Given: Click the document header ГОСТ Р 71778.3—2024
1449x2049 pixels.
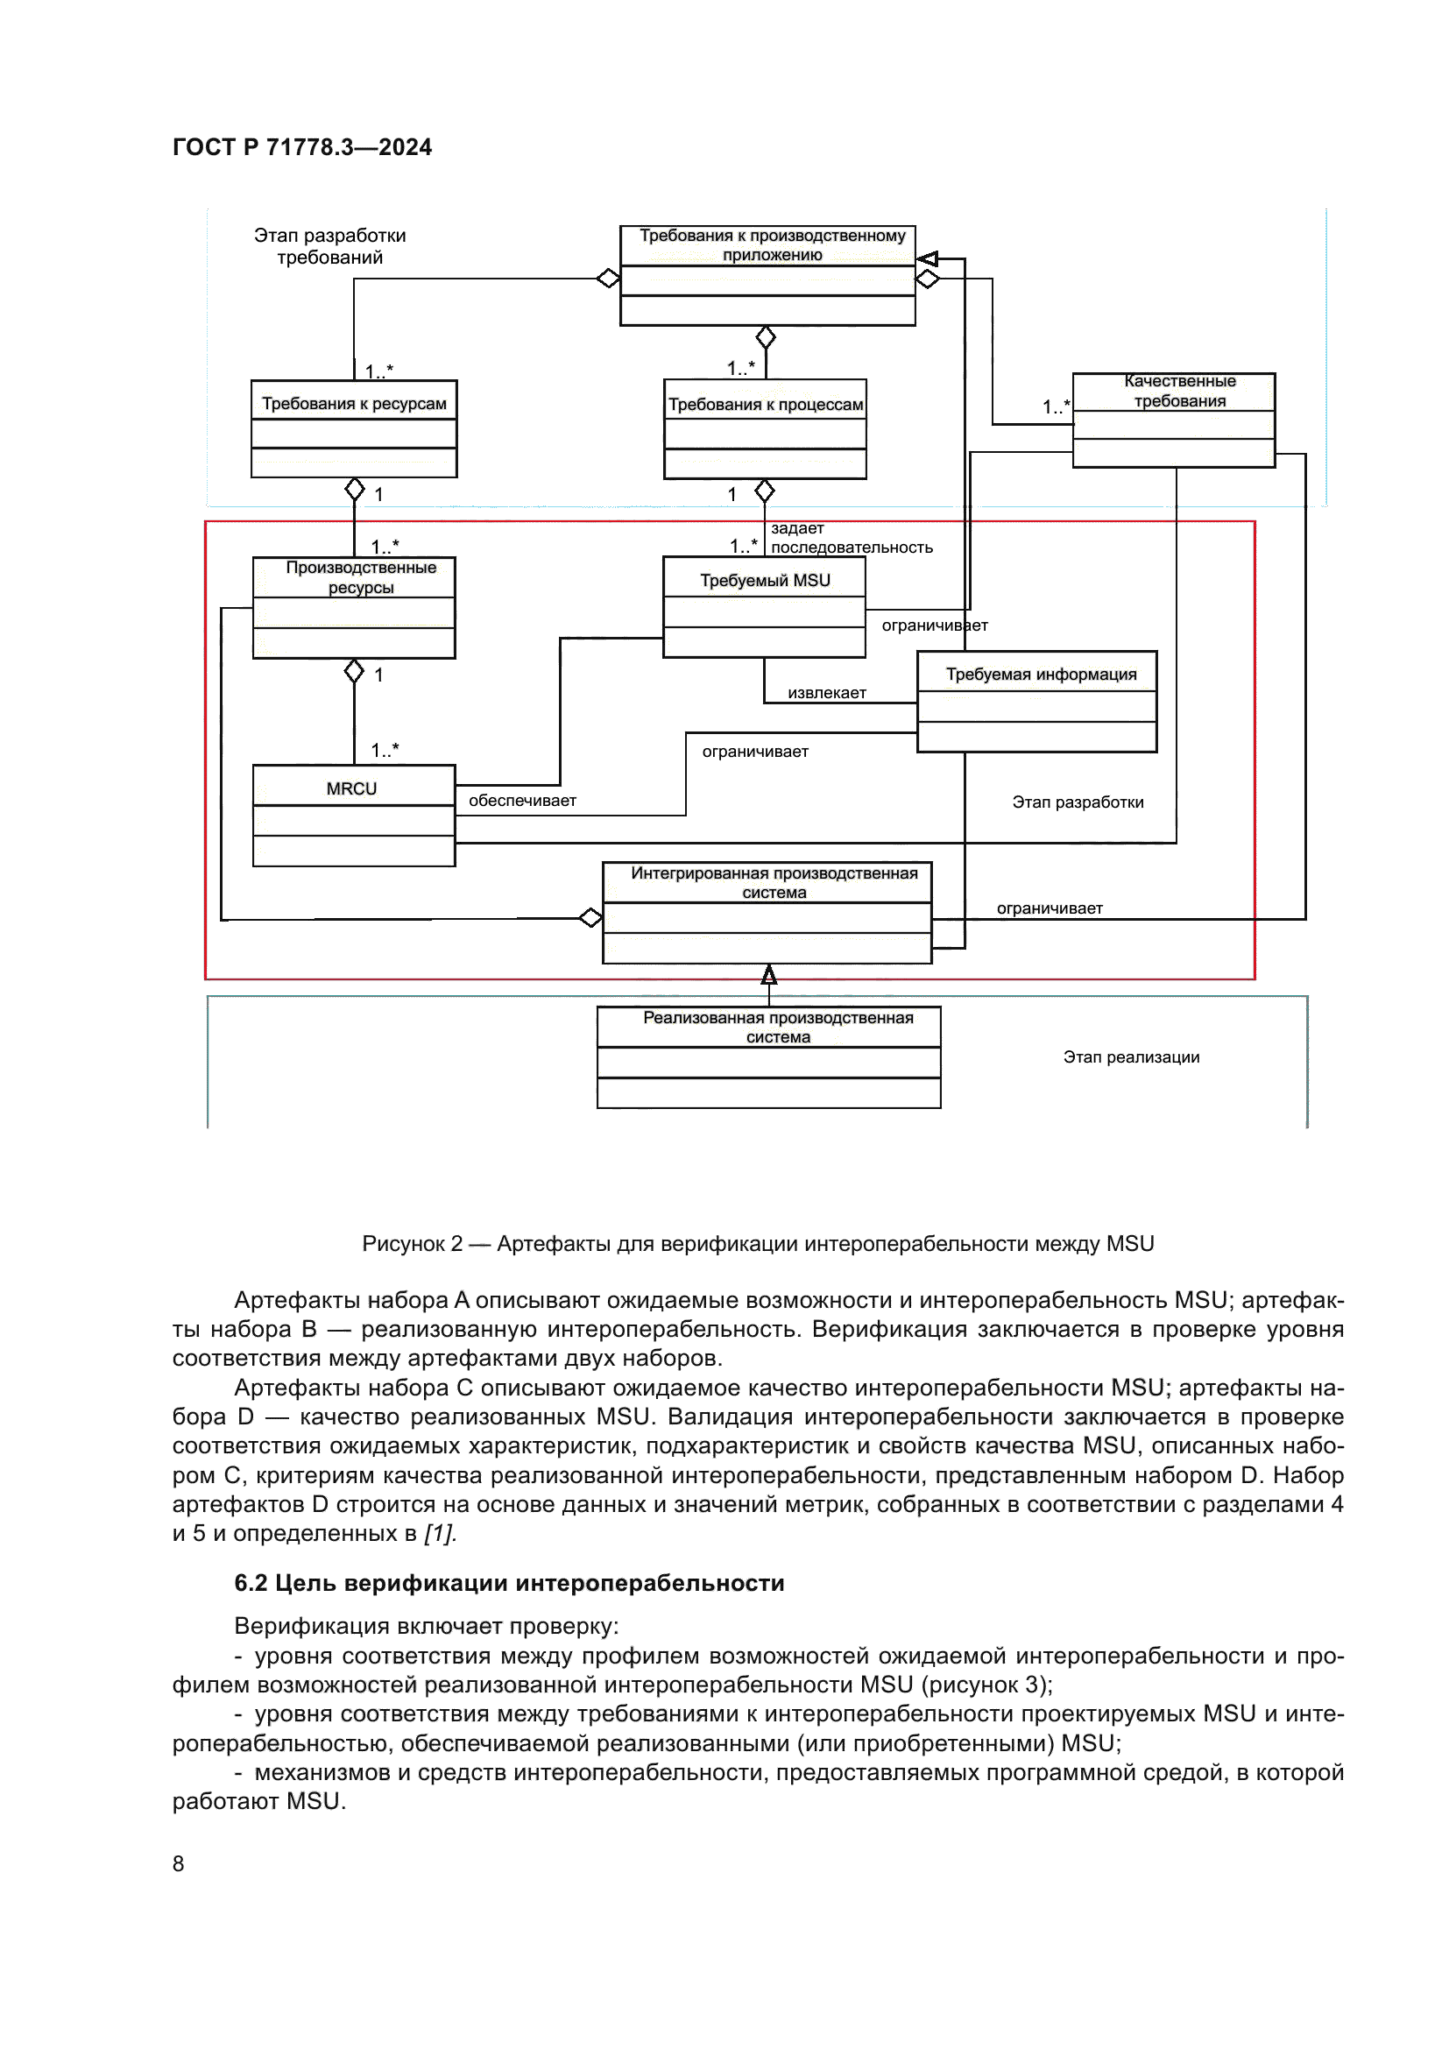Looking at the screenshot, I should [x=301, y=147].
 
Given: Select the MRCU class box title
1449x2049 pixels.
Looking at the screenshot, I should [x=351, y=788].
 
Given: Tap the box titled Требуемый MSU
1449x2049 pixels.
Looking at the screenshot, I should [x=765, y=580].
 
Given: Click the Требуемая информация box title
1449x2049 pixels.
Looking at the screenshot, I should [x=1041, y=674].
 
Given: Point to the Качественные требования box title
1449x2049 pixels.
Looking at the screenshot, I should [x=1178, y=391].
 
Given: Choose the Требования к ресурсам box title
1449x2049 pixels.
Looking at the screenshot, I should [x=353, y=403].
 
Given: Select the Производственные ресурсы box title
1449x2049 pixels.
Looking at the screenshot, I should [x=360, y=576].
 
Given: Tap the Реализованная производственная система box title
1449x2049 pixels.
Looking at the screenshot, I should [x=777, y=1028].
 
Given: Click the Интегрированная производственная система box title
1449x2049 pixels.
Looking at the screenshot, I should [x=774, y=883].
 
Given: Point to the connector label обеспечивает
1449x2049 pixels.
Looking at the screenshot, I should [x=522, y=801].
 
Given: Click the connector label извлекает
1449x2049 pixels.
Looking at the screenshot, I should [x=826, y=693].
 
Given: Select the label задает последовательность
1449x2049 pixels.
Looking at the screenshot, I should [x=851, y=538].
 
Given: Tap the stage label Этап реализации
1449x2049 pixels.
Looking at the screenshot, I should [x=1130, y=1056].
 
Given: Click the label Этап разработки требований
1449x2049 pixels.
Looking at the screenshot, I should [x=329, y=246].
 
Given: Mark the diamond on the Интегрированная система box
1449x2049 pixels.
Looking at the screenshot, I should [x=590, y=917].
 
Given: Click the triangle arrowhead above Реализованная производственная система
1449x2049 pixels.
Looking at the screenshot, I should [x=768, y=974].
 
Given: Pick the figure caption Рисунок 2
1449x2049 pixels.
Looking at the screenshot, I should [x=758, y=1243].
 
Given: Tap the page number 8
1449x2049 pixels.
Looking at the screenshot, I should [x=179, y=1863].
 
